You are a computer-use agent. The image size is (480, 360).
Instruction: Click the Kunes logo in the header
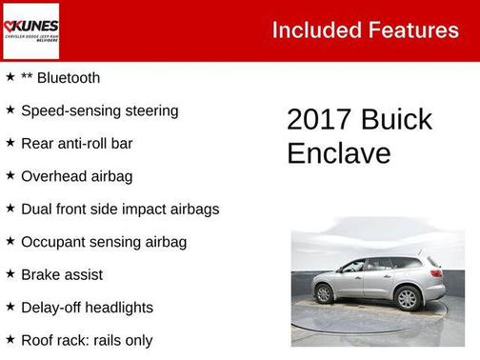point(30,30)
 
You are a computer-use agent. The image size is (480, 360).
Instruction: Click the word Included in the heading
point(311,30)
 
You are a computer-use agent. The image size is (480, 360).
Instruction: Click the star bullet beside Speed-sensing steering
point(10,110)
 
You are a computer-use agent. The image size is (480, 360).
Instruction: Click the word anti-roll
point(88,144)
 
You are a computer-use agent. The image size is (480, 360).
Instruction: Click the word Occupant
point(53,242)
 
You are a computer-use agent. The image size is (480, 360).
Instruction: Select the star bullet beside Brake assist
point(10,274)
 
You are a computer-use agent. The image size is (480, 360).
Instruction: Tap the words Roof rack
point(55,340)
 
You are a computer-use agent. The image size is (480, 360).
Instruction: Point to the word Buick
point(396,120)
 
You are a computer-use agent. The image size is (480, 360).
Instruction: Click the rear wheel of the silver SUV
point(408,298)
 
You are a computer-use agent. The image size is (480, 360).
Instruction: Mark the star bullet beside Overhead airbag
point(10,176)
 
